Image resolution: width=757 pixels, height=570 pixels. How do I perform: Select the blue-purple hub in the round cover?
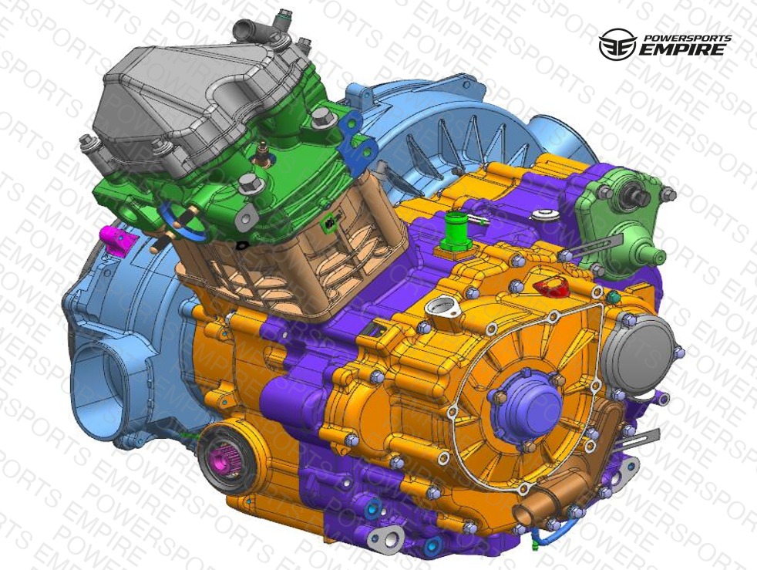tap(527, 406)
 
